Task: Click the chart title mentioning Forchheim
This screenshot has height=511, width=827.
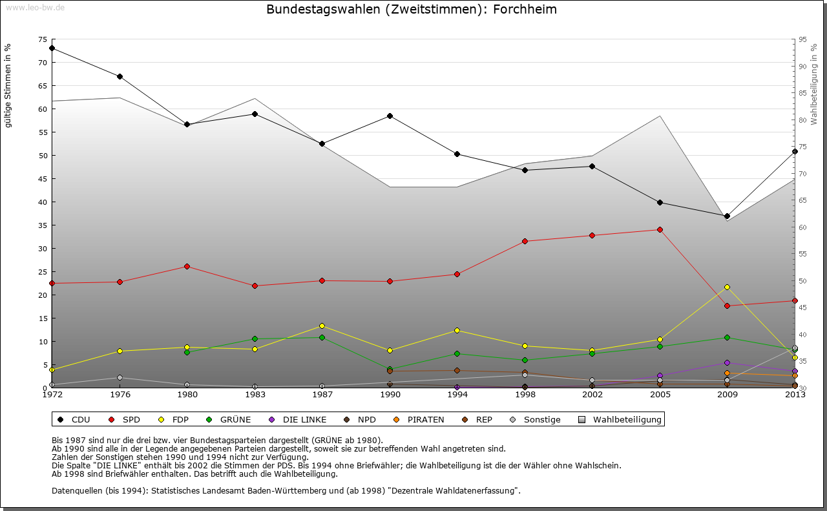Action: coord(412,10)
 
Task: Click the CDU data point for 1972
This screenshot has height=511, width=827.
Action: coord(52,48)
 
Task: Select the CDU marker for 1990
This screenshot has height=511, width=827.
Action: coord(390,116)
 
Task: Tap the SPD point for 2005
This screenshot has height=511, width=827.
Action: coord(660,229)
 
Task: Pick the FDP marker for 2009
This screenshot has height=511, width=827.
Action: coord(727,287)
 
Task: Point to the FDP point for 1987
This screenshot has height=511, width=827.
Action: coord(322,326)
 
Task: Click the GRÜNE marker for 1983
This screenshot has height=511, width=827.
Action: coord(255,339)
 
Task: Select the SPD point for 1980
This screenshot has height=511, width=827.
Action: coord(187,266)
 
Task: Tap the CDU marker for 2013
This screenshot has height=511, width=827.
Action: coord(795,152)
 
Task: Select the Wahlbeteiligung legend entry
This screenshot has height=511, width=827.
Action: coord(627,420)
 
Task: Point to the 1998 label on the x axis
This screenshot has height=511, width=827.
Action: coord(525,395)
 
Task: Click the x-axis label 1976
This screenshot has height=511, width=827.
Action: coord(120,395)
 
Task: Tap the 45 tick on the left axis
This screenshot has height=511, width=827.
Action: coord(43,179)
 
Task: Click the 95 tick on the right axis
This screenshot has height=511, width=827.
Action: coord(802,39)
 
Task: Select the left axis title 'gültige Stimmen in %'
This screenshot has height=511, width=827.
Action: coord(8,85)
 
